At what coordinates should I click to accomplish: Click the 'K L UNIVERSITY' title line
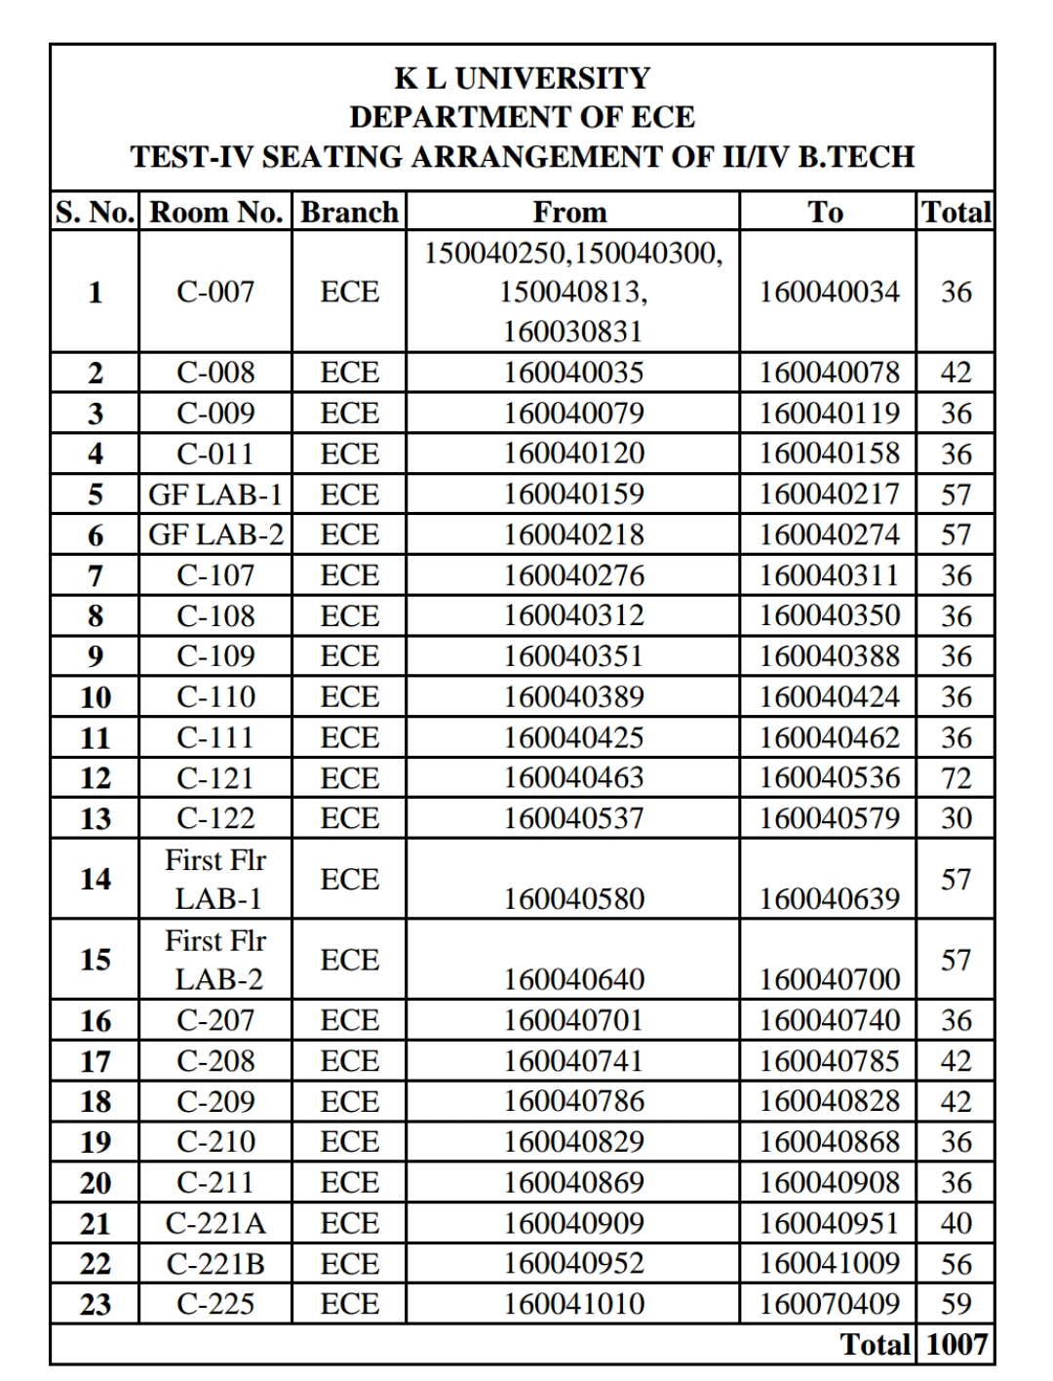522,78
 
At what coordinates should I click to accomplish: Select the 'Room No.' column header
215,213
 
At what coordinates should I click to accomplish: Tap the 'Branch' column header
349,213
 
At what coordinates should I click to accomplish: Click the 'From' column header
570,213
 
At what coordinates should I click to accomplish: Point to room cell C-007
215,292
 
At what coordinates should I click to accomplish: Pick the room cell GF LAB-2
215,534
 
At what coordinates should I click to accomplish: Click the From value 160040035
573,373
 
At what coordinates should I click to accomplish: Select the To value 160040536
829,778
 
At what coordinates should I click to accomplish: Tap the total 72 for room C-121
955,778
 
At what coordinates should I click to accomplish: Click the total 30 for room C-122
955,818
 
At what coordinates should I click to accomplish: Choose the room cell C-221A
215,1223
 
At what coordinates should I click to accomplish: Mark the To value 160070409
829,1304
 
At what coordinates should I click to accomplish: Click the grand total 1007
955,1345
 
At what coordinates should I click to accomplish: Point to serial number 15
95,960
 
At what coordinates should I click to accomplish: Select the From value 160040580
573,898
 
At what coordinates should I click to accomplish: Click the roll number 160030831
573,332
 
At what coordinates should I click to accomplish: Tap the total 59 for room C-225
955,1304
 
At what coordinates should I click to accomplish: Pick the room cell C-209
215,1101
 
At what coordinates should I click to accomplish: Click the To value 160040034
829,292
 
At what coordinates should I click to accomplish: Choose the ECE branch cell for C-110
349,697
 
